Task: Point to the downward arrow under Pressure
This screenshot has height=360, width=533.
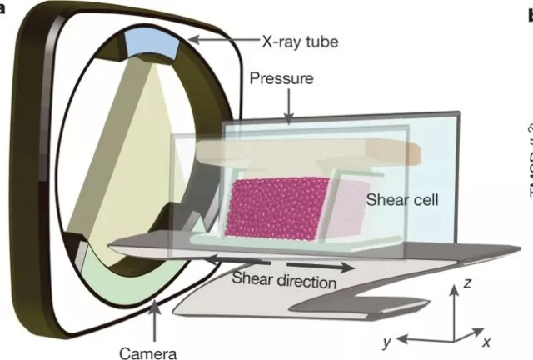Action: pyautogui.click(x=288, y=107)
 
